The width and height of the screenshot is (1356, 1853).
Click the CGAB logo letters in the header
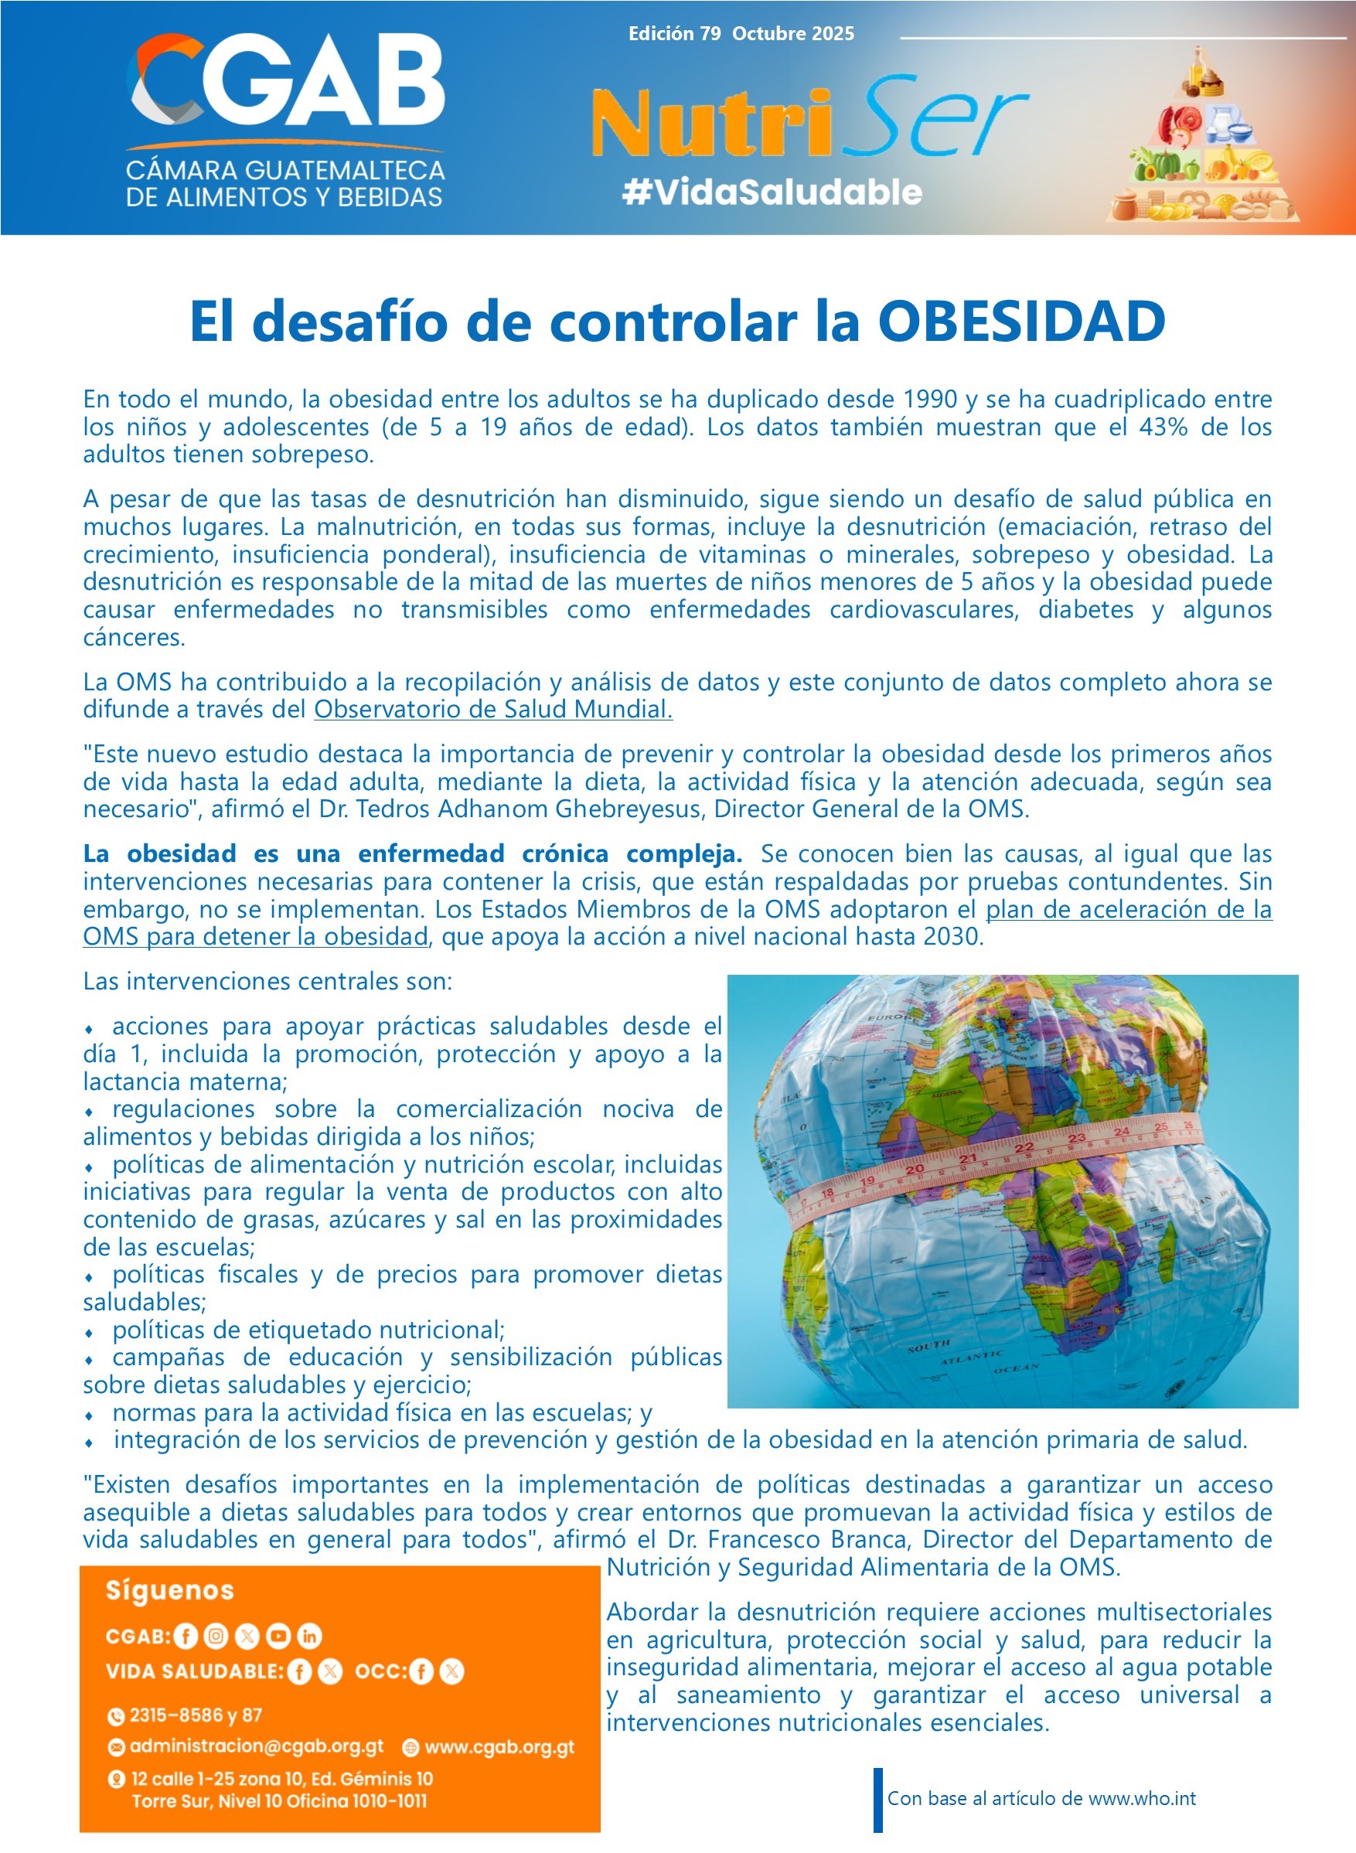click(288, 82)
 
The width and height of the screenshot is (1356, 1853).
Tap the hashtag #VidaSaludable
click(772, 192)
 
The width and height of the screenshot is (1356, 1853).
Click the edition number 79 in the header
click(710, 34)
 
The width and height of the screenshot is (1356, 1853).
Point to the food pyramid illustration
click(1202, 139)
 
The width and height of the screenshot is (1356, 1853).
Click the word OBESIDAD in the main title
click(1021, 321)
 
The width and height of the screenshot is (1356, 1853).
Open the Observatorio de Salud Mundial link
click(493, 709)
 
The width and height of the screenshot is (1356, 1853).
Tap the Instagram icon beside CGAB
click(216, 1636)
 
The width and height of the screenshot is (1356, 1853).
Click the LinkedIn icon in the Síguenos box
click(308, 1636)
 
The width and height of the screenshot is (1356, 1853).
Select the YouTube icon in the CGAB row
click(278, 1636)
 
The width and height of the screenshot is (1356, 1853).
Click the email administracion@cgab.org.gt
click(256, 1746)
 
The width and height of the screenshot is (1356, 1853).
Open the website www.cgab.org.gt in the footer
click(499, 1747)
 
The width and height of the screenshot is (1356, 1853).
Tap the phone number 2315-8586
click(175, 1715)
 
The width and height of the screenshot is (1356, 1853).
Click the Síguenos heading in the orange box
click(170, 1591)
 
